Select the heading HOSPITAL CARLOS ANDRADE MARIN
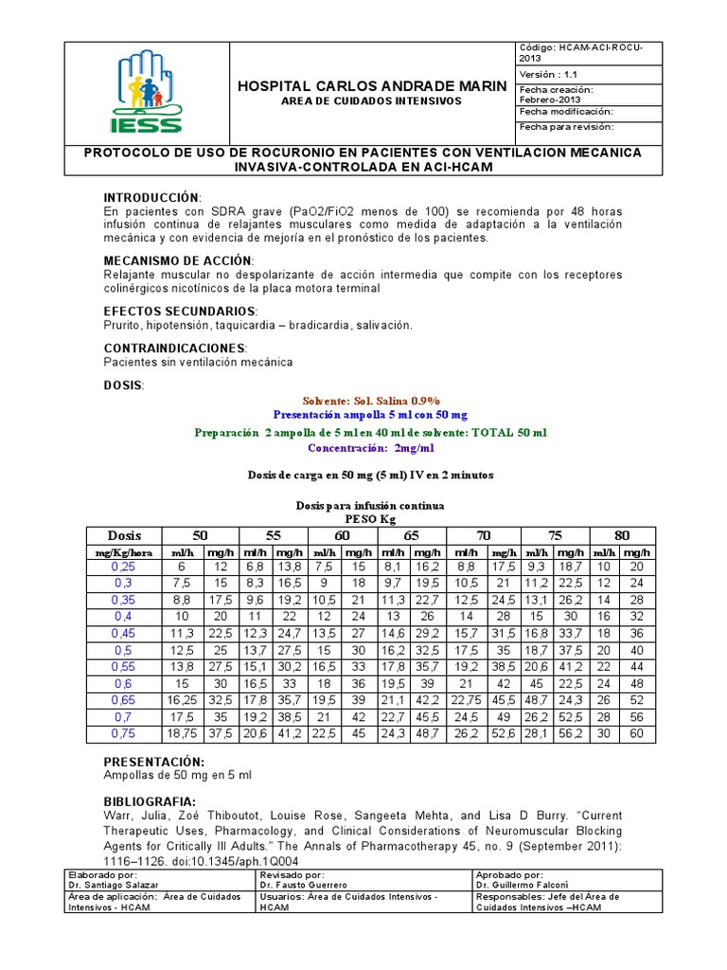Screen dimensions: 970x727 371,86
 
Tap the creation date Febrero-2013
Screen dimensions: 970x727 545,97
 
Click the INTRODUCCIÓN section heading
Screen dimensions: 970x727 151,196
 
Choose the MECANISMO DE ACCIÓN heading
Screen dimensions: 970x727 177,260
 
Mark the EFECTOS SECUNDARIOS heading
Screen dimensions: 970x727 179,312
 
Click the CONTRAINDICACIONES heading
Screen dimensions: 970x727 175,349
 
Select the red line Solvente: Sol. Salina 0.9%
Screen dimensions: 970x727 371,401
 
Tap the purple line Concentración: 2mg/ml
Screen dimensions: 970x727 371,448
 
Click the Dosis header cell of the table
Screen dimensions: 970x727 124,535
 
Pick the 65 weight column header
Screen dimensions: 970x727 411,535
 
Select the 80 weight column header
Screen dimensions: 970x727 622,535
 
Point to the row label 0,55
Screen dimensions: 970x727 124,666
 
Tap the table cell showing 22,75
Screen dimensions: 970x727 466,699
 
